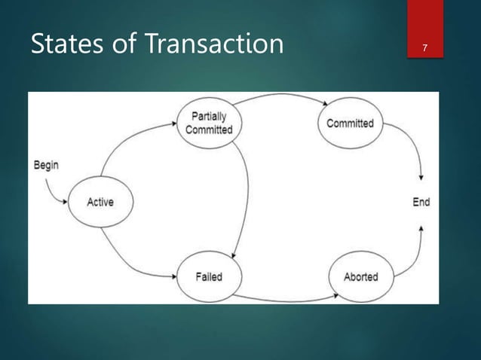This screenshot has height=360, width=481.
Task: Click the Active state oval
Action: tap(100, 201)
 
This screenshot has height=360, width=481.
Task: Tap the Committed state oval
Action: tap(349, 123)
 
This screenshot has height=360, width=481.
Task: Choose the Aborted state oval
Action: tap(360, 276)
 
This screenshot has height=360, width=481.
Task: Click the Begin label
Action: tap(47, 165)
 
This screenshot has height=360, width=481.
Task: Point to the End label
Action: tap(421, 202)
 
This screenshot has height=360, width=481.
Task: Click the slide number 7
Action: tap(426, 49)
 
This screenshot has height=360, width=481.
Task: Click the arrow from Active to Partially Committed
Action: tap(121, 146)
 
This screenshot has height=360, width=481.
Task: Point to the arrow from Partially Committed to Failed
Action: tap(247, 188)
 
